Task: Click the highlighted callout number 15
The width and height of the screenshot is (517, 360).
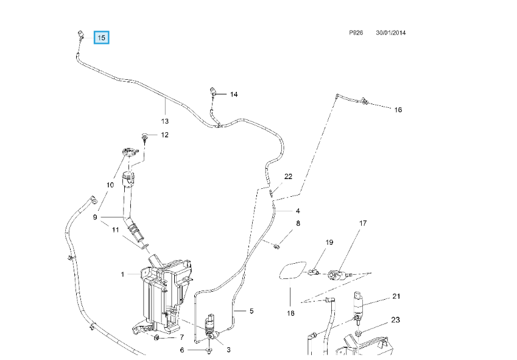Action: [101, 38]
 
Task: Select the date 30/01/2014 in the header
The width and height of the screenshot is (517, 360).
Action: [391, 33]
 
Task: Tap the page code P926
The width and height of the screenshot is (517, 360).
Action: [356, 33]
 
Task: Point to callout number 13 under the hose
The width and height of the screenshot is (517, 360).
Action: [165, 121]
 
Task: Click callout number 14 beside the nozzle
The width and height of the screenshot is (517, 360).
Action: [234, 94]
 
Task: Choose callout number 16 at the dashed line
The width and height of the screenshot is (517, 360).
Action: [398, 110]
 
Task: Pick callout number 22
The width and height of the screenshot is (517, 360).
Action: [288, 177]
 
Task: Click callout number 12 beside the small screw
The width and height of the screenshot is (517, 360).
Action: [164, 135]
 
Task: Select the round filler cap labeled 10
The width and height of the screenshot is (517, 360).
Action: [129, 153]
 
